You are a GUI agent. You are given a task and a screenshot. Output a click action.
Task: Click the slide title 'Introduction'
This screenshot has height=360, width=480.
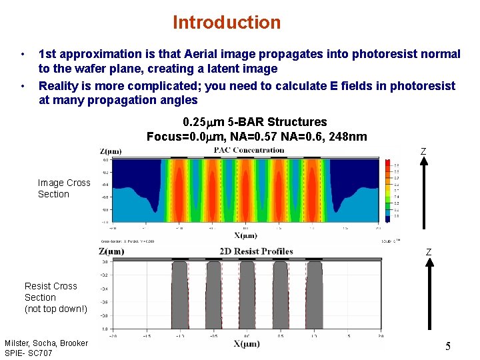(x=227, y=23)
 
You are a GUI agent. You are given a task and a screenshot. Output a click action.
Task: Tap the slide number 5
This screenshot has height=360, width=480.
(x=448, y=346)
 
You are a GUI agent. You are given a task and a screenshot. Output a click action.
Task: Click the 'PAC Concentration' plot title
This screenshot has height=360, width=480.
(x=249, y=150)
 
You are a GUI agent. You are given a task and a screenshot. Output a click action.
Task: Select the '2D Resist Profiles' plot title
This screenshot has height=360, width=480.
(x=256, y=251)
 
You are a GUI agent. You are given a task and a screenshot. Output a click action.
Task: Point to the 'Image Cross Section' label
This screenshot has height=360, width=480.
(x=63, y=188)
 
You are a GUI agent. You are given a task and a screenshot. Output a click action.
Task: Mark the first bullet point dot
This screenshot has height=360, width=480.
(x=23, y=54)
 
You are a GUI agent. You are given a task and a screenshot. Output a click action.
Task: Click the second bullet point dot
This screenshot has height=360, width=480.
(x=23, y=86)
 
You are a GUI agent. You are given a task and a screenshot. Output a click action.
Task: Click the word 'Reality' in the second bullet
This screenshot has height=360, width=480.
(x=60, y=86)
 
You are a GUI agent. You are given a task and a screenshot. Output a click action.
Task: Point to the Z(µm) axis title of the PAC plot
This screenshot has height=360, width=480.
(x=111, y=151)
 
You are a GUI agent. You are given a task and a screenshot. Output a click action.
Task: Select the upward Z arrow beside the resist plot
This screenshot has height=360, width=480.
(x=429, y=300)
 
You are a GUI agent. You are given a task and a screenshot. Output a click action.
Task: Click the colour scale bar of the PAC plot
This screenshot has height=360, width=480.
(x=388, y=190)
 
